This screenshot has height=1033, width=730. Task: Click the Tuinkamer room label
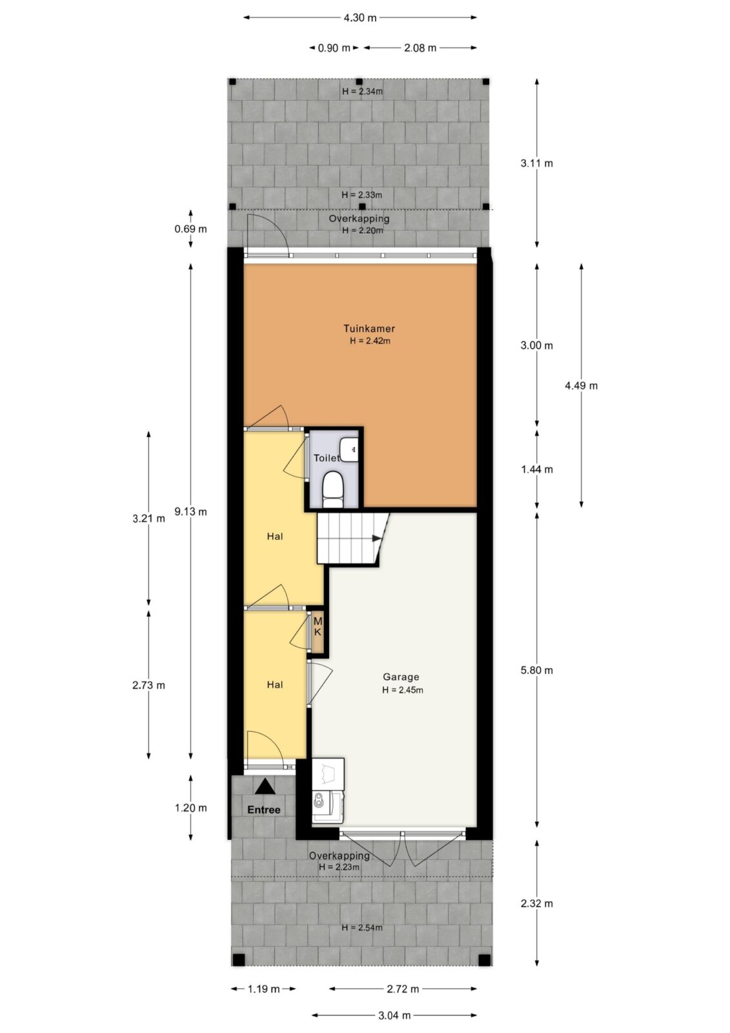(x=369, y=329)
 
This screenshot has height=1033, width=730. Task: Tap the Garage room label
(x=401, y=677)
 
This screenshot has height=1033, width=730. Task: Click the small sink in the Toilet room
(x=349, y=449)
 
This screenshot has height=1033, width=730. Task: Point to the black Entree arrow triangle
(x=265, y=786)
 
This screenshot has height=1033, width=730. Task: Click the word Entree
(x=264, y=810)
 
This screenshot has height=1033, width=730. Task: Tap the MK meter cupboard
(x=318, y=627)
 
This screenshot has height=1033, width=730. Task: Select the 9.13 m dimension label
(x=190, y=511)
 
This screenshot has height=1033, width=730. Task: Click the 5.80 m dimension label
(x=536, y=670)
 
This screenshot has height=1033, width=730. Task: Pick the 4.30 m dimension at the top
(x=360, y=18)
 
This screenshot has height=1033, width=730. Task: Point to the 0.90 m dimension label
(x=334, y=48)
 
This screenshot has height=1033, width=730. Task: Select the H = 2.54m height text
(x=362, y=927)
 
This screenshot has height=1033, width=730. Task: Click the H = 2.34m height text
(x=362, y=91)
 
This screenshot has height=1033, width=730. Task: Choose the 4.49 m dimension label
(x=581, y=385)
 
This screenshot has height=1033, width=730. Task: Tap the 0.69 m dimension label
(x=190, y=229)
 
